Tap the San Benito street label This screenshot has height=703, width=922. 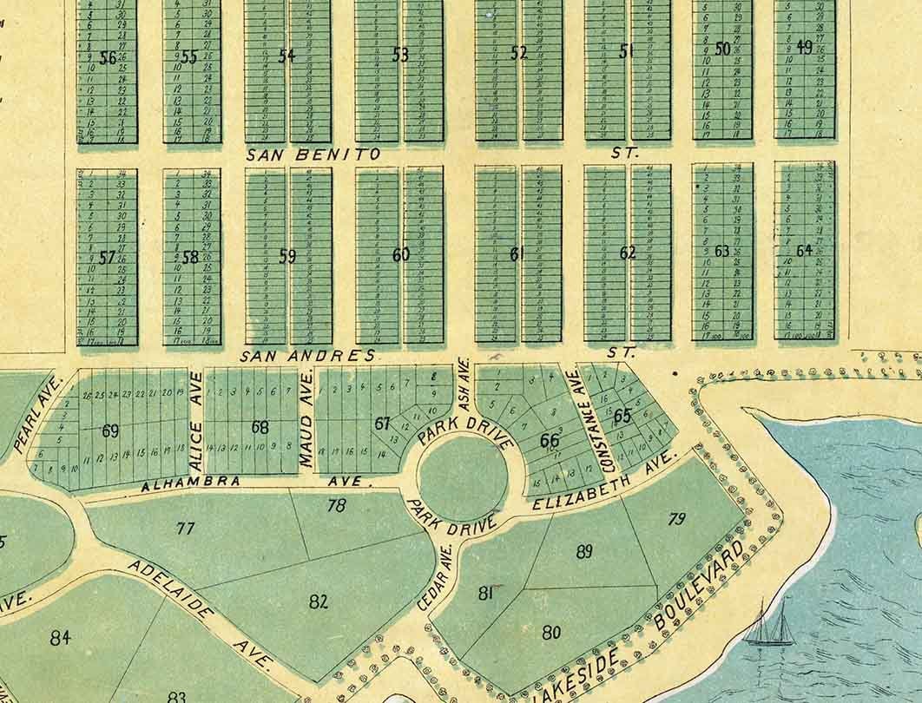coord(313,154)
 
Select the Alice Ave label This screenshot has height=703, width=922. coord(196,410)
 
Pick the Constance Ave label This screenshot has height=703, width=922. coord(579,421)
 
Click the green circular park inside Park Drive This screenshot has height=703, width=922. coord(462,477)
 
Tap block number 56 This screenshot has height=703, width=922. coord(108,58)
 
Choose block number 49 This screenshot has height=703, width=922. coord(804,48)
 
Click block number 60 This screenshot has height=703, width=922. coord(400,255)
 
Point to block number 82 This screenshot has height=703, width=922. coord(319,601)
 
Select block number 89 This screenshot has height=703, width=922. coord(584,551)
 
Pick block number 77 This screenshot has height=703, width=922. coord(185,528)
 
